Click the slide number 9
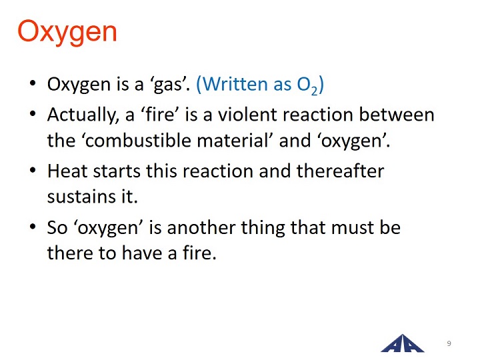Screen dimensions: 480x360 point(449,343)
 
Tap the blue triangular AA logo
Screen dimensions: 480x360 point(402,343)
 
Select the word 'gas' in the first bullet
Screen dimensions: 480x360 point(168,85)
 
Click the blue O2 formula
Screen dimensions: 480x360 point(307,85)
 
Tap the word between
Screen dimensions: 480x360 point(397,115)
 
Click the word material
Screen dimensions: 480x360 point(235,141)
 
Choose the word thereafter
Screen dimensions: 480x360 point(340,171)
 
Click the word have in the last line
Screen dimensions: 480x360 point(142,253)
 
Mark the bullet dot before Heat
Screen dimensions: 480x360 point(33,170)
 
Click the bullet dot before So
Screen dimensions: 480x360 point(33,227)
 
